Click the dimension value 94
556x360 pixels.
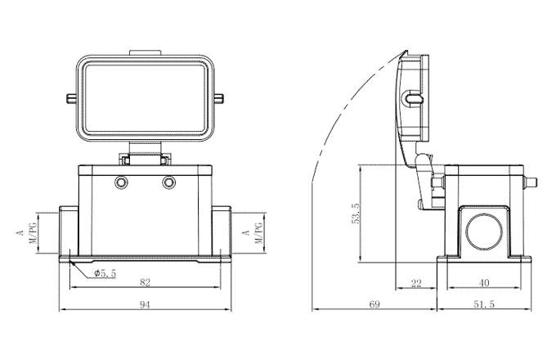pyautogui.click(x=145, y=304)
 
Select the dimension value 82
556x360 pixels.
pyautogui.click(x=145, y=282)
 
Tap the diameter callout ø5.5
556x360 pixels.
pyautogui.click(x=105, y=273)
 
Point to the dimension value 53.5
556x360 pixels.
pyautogui.click(x=354, y=217)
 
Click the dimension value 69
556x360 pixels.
pyautogui.click(x=374, y=304)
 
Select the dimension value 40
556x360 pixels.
pyautogui.click(x=483, y=282)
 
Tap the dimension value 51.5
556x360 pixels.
pyautogui.click(x=485, y=304)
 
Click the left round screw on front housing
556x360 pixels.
pyautogui.click(x=122, y=182)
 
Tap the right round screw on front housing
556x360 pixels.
pyautogui.click(x=169, y=182)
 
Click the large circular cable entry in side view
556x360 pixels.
pyautogui.click(x=482, y=231)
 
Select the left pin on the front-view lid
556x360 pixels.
pyautogui.click(x=71, y=100)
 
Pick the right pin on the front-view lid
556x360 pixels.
pyautogui.click(x=221, y=100)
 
